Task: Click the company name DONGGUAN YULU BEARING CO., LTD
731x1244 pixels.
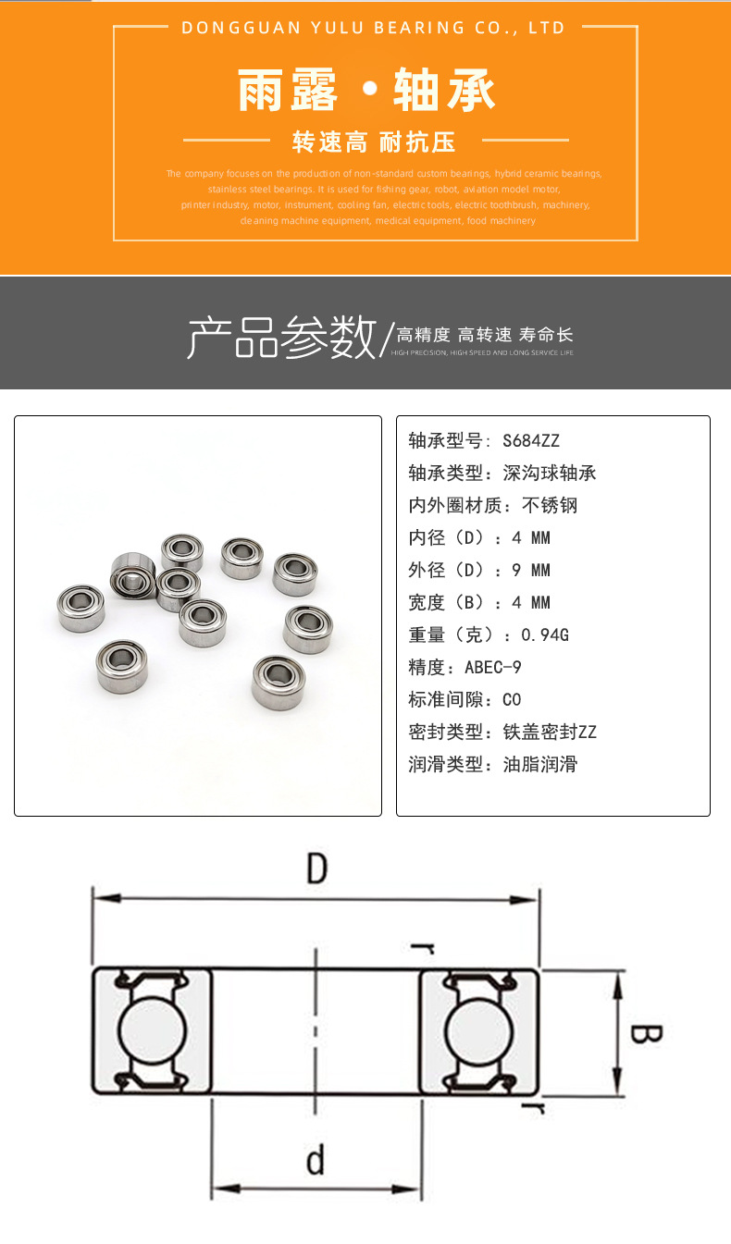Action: pos(374,28)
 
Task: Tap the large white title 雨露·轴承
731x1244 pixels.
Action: pos(366,92)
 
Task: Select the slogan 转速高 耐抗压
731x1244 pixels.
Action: pos(374,142)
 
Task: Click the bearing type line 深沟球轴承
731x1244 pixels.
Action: pos(550,473)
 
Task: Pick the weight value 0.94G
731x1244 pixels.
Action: pos(545,634)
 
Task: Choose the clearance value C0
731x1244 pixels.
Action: pos(512,699)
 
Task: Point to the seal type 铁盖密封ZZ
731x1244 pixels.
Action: pos(550,732)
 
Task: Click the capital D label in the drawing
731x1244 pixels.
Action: pos(317,869)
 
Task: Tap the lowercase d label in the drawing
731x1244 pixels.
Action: pos(316,1160)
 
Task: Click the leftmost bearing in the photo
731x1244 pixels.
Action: pos(81,608)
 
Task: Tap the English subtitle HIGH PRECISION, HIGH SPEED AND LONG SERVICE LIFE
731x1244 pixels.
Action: pos(482,353)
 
